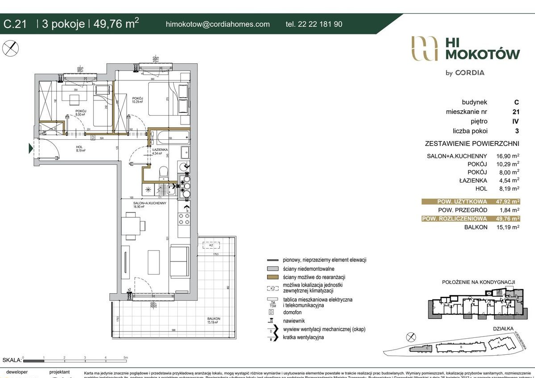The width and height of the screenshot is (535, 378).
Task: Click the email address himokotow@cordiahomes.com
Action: click(217, 24)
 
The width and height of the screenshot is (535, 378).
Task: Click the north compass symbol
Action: click(11, 48)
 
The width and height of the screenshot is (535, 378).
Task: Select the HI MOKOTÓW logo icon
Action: click(424, 48)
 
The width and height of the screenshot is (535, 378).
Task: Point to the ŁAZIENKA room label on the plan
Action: click(159, 150)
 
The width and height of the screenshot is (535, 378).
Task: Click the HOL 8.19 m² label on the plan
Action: click(80, 149)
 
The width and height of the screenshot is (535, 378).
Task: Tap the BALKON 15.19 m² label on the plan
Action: click(214, 320)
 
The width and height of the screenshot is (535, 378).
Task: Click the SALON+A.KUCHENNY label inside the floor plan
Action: click(149, 204)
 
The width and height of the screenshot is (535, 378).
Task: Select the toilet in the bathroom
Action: click(163, 172)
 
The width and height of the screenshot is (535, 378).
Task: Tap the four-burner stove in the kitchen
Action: click(184, 219)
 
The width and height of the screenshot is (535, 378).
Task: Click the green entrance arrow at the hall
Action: click(31, 148)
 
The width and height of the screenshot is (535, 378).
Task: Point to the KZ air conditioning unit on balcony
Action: click(209, 245)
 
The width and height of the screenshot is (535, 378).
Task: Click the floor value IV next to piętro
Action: click(516, 121)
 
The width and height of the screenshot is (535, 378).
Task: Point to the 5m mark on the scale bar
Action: click(125, 357)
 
